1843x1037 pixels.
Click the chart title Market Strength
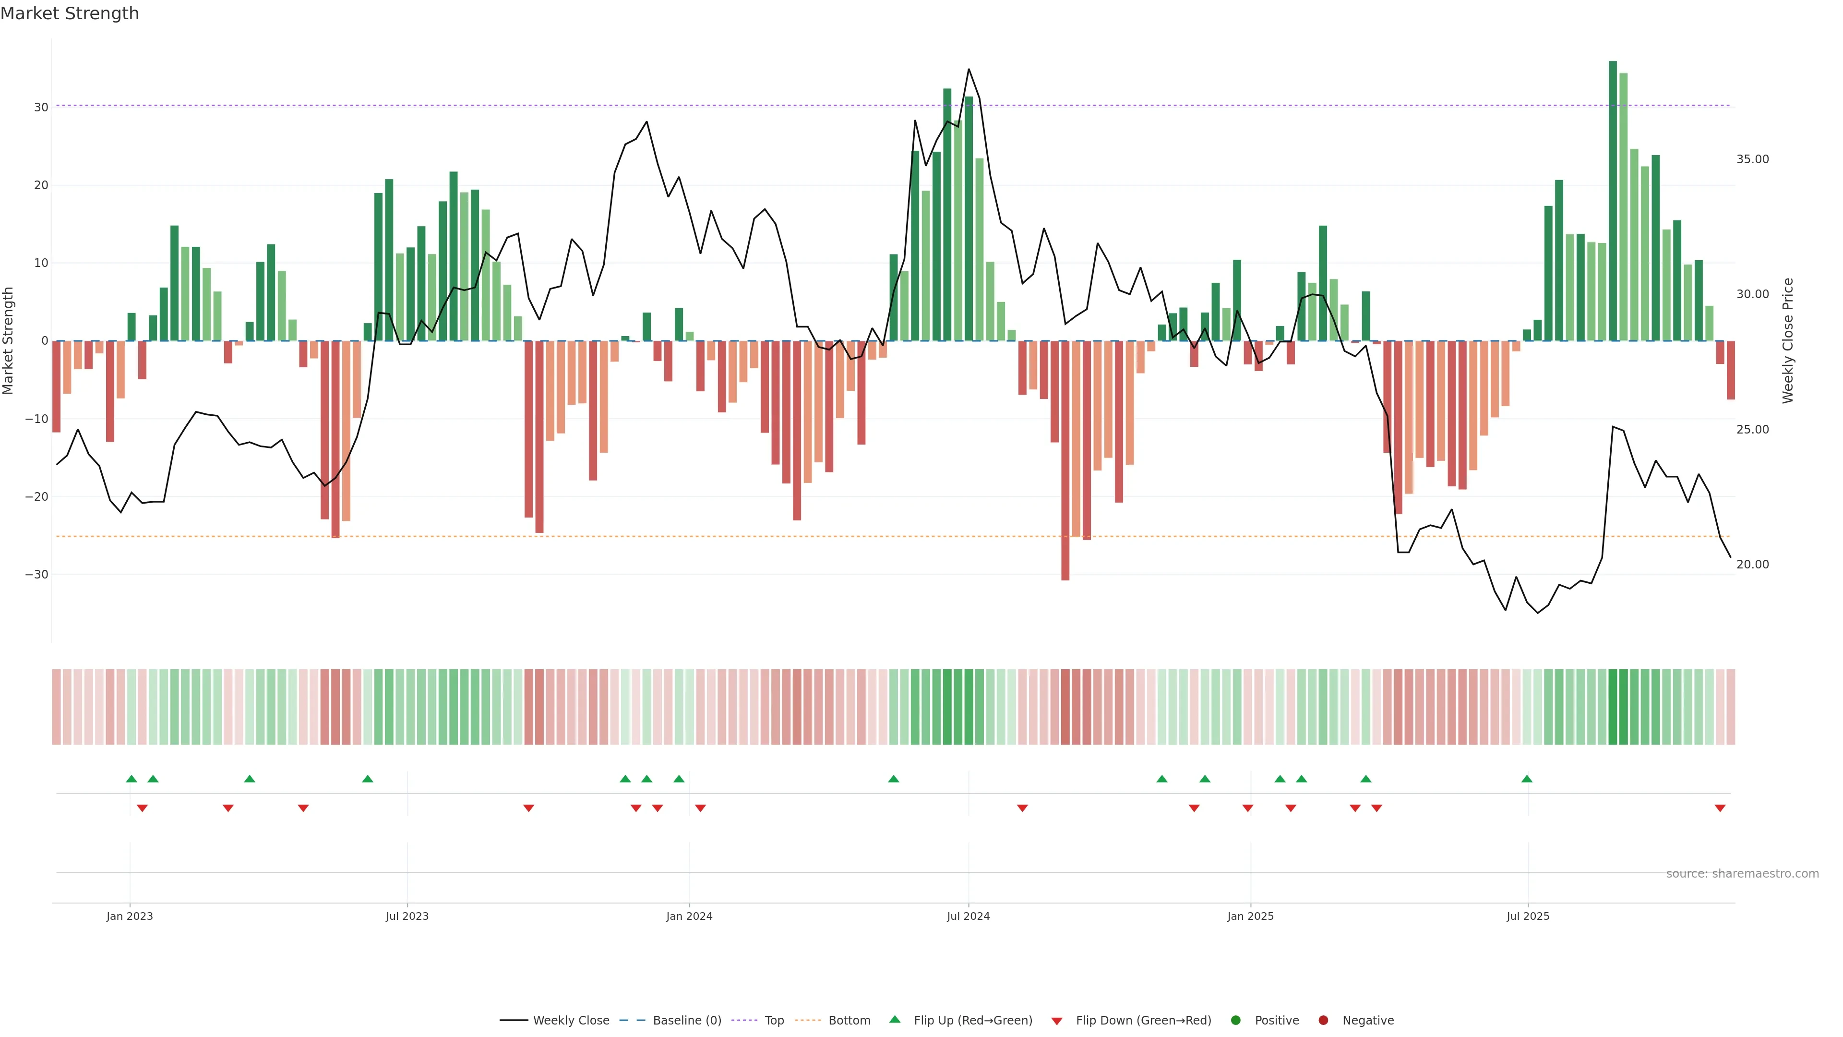pyautogui.click(x=70, y=13)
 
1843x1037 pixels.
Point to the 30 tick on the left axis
pyautogui.click(x=41, y=108)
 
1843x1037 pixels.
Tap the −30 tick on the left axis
pyautogui.click(x=36, y=575)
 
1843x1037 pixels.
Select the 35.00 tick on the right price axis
pyautogui.click(x=1752, y=159)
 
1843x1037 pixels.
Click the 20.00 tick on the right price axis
pyautogui.click(x=1752, y=565)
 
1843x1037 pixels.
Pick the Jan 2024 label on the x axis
pyautogui.click(x=689, y=916)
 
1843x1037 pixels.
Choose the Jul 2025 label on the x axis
pyautogui.click(x=1528, y=916)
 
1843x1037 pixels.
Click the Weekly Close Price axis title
pyautogui.click(x=1788, y=341)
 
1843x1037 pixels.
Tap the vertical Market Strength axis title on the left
pyautogui.click(x=9, y=341)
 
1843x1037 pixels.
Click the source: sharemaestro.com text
pyautogui.click(x=1742, y=874)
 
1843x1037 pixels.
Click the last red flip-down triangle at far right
pyautogui.click(x=1720, y=808)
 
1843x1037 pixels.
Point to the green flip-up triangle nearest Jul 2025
pyautogui.click(x=1527, y=779)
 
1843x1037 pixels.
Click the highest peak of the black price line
pyautogui.click(x=969, y=70)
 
